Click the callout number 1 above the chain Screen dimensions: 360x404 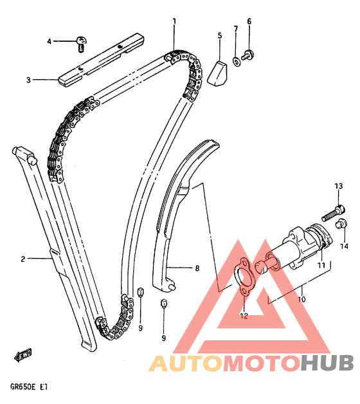pos(174,21)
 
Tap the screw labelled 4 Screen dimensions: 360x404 pos(82,44)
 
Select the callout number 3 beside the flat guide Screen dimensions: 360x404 pos(28,80)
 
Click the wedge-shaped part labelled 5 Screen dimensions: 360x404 pos(218,73)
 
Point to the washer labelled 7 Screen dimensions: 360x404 pos(237,62)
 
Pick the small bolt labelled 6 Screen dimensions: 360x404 pos(248,55)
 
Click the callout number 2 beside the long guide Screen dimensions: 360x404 pos(23,259)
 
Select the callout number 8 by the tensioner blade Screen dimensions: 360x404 pos(197,268)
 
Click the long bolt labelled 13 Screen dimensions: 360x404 pos(333,213)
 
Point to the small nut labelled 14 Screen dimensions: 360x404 pos(342,223)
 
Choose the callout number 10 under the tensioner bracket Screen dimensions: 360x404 pos(301,299)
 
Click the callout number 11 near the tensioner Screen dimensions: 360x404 pos(321,265)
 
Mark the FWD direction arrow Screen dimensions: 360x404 pos(22,355)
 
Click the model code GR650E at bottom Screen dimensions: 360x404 pos(22,387)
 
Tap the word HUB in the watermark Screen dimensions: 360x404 pos(328,363)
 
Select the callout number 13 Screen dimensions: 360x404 pos(339,186)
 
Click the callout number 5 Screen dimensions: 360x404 pos(220,35)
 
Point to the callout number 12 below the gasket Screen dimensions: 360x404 pos(244,316)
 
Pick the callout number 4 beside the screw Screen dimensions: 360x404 pos(50,41)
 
